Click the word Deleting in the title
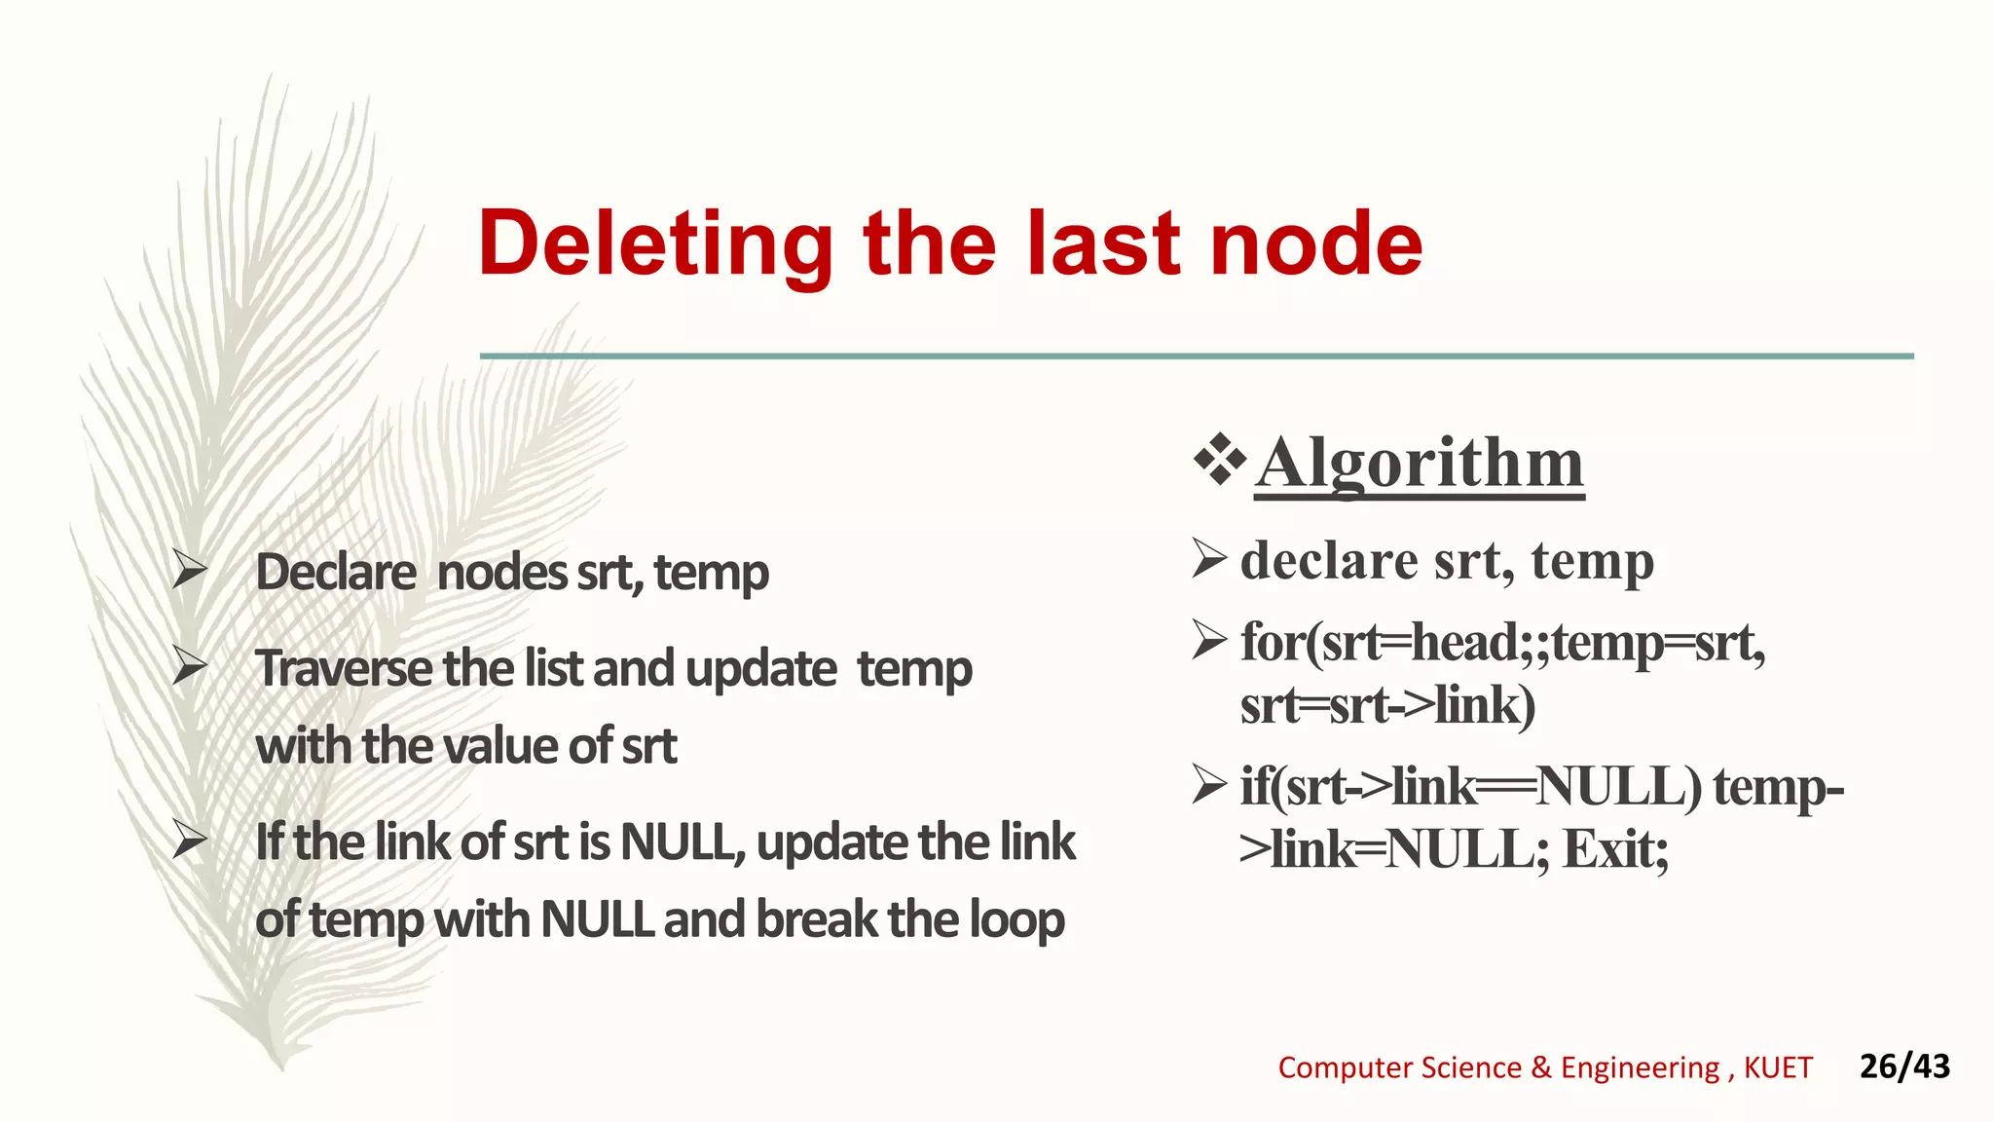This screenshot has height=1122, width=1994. point(654,245)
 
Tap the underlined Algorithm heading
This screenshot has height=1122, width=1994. point(1420,464)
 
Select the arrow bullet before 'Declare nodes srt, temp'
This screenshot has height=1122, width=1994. point(189,569)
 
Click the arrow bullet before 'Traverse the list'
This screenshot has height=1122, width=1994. point(189,666)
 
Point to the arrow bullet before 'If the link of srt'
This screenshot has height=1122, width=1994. point(189,840)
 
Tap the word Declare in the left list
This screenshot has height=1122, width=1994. point(335,573)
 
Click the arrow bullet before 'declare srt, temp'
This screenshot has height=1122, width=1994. point(1209,558)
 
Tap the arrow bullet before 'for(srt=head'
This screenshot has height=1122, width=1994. point(1209,640)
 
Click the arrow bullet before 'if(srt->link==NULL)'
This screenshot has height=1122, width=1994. point(1209,784)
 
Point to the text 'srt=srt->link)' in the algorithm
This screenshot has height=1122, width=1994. point(1386,705)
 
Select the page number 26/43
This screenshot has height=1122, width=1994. point(1903,1066)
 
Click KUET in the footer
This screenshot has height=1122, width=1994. point(1778,1068)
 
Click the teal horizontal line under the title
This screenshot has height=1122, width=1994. point(1196,356)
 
